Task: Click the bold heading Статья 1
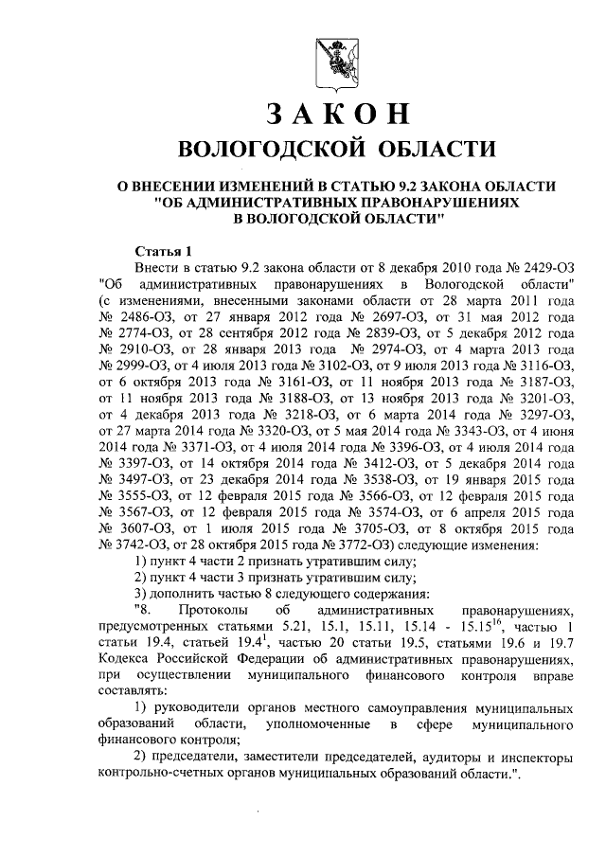(x=164, y=251)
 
